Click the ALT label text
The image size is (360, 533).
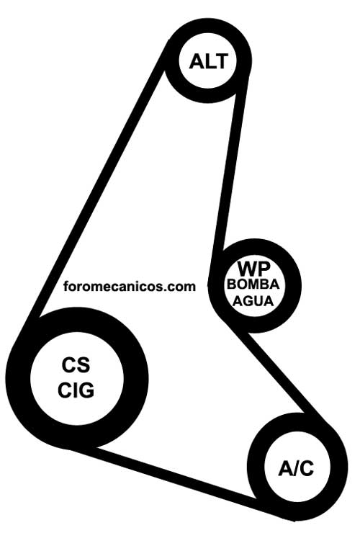coord(208,61)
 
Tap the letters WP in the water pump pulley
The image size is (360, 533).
coord(254,269)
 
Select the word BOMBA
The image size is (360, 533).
coord(253,285)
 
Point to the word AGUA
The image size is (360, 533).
coord(253,301)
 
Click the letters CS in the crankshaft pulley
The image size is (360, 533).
coord(76,364)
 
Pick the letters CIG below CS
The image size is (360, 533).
coord(76,390)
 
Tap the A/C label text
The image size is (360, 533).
coord(296,468)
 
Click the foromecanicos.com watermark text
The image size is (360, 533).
coord(130,286)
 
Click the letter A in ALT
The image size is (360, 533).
coord(196,61)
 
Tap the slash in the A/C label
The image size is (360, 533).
coord(295,468)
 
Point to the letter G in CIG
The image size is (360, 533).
coord(86,390)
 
